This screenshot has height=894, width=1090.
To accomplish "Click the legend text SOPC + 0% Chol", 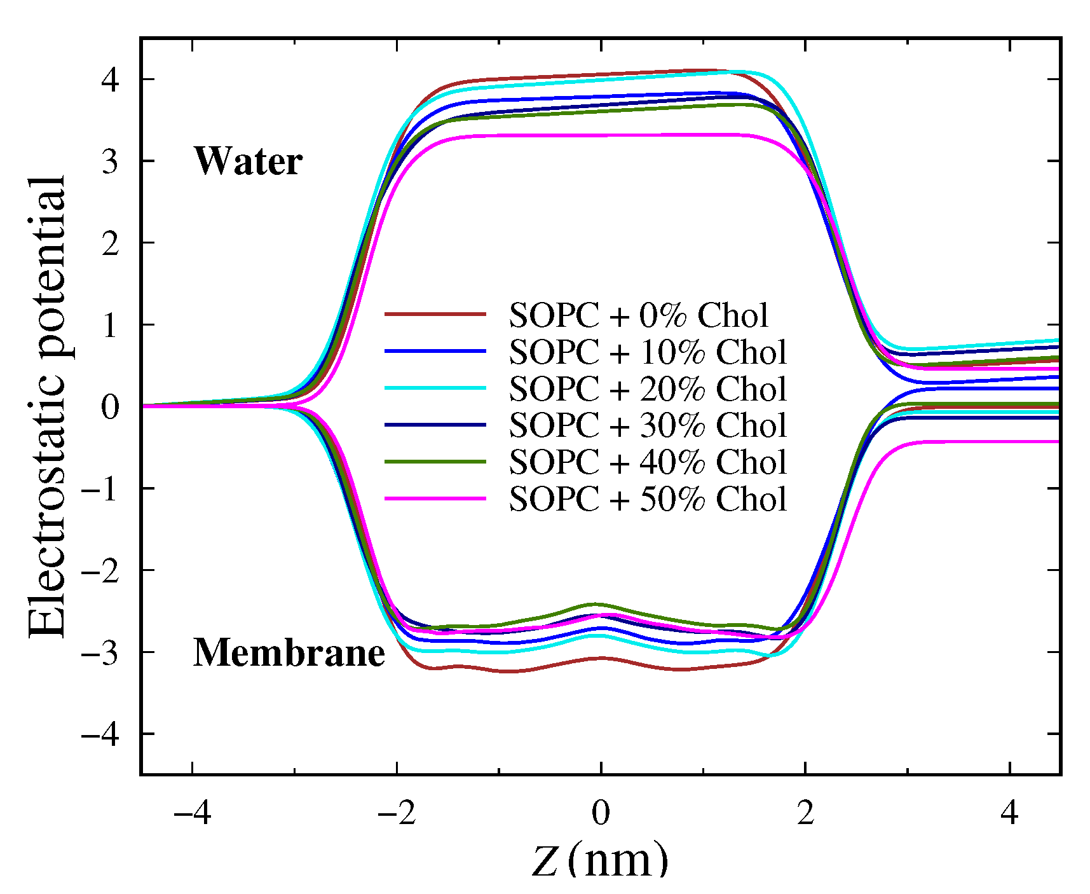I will tap(638, 315).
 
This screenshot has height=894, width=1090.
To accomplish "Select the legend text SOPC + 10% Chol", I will tap(648, 352).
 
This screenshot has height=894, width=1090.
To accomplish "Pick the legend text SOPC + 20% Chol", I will tap(648, 389).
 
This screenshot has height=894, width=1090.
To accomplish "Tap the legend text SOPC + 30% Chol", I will tap(648, 425).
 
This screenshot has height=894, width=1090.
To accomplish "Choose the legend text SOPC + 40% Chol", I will tap(648, 462).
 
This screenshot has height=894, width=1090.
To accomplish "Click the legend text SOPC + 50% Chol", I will tap(648, 499).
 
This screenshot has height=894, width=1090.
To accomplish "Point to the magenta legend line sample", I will tap(435, 499).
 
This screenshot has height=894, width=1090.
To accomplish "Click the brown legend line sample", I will tap(435, 314).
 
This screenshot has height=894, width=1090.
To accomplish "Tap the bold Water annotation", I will tap(248, 162).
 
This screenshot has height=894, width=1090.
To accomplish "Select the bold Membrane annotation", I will tap(289, 653).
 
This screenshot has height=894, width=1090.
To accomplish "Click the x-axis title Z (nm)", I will tap(600, 860).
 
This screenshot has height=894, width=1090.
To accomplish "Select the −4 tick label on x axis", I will tap(192, 813).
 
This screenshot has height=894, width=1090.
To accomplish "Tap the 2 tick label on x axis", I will tap(805, 813).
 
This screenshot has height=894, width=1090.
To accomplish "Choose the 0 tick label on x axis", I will tap(601, 813).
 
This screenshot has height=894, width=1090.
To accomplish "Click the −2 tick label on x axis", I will tap(397, 813).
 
